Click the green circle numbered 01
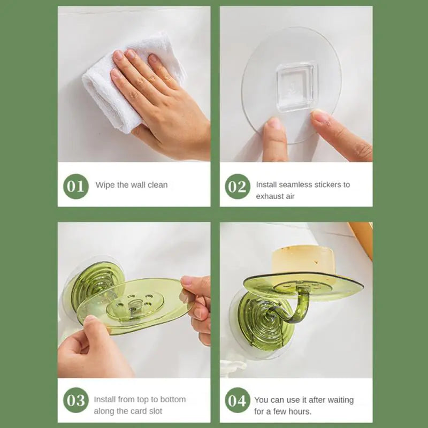click(x=75, y=186)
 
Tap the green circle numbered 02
click(x=237, y=186)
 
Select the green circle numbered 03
click(x=75, y=401)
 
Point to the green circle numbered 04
click(x=237, y=401)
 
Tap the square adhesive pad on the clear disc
click(x=297, y=87)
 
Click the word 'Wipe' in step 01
click(x=105, y=185)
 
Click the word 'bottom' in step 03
click(x=173, y=400)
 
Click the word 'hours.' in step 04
click(x=299, y=411)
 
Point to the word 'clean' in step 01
click(x=157, y=185)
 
